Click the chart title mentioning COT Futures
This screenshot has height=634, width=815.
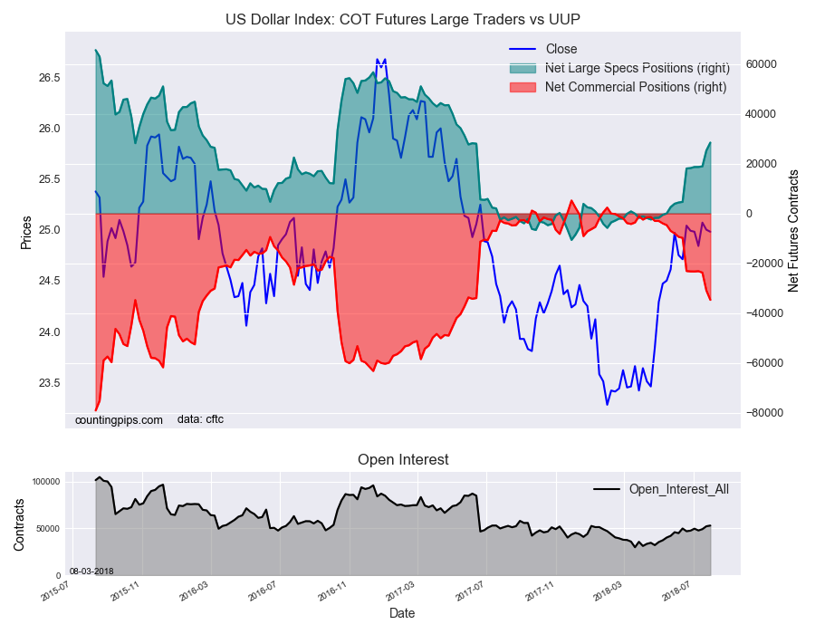(403, 19)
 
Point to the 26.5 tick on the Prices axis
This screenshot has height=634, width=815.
(50, 78)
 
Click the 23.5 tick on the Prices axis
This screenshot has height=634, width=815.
(50, 383)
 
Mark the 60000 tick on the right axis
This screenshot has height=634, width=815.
(761, 64)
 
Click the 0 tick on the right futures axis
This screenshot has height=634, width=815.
(749, 214)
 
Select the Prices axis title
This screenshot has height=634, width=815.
(26, 232)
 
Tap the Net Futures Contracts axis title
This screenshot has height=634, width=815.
(792, 231)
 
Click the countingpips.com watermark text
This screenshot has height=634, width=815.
(119, 420)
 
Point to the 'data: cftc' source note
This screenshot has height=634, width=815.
(201, 419)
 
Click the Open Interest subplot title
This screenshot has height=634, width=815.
(403, 460)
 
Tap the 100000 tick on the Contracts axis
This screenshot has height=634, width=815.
(46, 482)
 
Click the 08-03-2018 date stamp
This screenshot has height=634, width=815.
(91, 572)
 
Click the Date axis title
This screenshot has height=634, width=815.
(402, 613)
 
